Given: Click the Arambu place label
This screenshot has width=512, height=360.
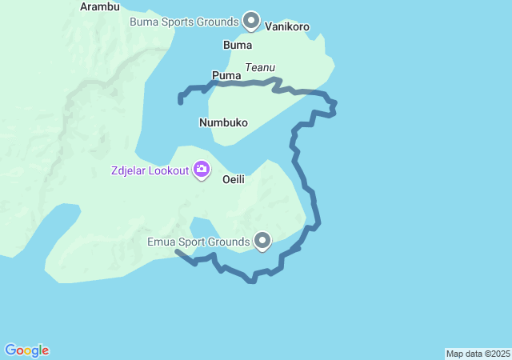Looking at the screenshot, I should point(100,7).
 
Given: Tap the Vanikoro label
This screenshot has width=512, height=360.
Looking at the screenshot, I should point(287,26).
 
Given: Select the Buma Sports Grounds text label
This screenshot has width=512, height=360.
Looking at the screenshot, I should point(184,20).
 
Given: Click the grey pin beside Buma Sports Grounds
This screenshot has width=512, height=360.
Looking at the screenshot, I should point(251,19).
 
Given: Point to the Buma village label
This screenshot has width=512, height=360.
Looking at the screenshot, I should point(238,46).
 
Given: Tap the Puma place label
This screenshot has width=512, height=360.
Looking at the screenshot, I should point(226,76).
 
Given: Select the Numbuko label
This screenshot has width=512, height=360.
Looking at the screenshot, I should point(223,123).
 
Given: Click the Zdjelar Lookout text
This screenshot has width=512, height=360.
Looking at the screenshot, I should point(150,170).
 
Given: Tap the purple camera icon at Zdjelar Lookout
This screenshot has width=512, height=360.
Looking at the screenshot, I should point(202,169).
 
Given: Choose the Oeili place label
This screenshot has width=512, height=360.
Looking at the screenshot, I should point(233,180).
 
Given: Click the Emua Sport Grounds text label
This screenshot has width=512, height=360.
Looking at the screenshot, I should point(198,241).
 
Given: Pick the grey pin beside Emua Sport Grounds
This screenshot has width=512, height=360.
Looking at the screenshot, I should point(262,239).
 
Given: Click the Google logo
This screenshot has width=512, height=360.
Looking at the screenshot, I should point(27,350).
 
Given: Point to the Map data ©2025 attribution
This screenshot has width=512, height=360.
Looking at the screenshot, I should point(478,354).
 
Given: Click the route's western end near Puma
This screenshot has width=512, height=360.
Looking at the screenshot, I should point(180,102).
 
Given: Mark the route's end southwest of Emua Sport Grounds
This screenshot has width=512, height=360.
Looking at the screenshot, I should point(177,251).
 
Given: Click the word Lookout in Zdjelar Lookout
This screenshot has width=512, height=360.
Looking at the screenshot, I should point(170,170).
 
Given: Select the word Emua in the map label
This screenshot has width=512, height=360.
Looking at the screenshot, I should point(162,241).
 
